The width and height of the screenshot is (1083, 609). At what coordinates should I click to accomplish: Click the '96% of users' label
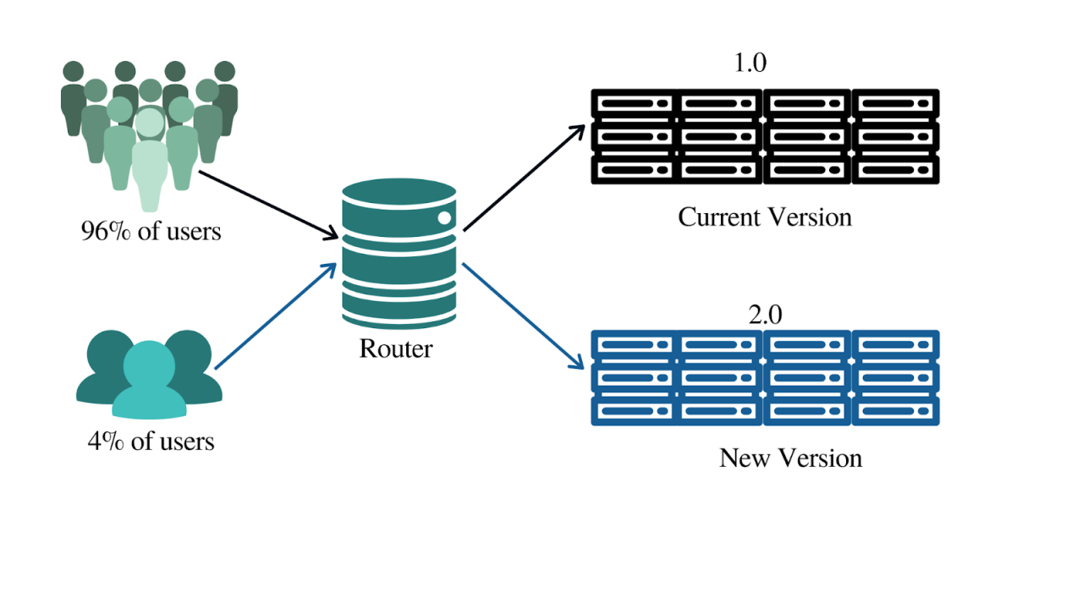(x=151, y=231)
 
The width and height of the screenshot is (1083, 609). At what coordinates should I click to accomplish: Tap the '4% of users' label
(x=151, y=441)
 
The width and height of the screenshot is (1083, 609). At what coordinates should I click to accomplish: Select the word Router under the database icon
(x=396, y=348)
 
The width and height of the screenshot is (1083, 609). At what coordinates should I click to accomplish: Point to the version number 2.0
(x=765, y=315)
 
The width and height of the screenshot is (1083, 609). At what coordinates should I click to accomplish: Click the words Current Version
(x=765, y=217)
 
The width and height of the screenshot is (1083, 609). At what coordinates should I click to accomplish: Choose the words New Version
(x=790, y=458)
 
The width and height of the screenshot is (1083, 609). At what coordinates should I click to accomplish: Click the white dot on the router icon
(x=443, y=218)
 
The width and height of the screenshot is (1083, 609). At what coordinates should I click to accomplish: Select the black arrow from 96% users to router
(x=266, y=204)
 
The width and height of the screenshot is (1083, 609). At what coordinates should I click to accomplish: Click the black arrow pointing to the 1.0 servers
(x=525, y=178)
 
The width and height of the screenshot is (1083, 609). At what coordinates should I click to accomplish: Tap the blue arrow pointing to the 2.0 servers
(x=525, y=316)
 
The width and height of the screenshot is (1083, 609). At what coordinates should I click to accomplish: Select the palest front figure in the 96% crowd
(x=150, y=161)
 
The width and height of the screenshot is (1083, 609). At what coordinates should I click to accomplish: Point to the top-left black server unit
(x=634, y=103)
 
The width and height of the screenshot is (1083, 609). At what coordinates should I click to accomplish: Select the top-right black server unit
(x=896, y=103)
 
